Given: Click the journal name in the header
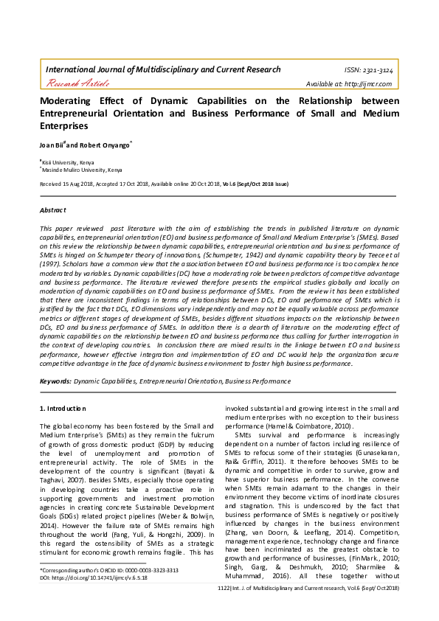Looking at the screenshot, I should point(163,69).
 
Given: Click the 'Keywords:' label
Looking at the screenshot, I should point(55,381).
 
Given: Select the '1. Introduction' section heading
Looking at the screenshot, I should point(63,408).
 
